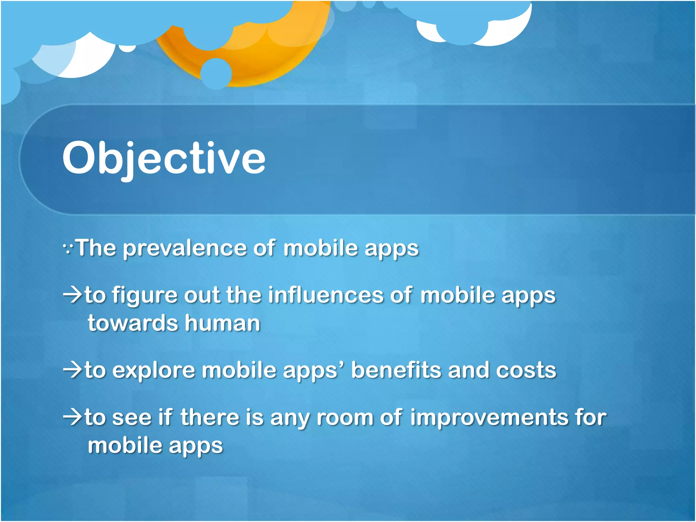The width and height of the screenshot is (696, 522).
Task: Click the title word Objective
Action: click(164, 158)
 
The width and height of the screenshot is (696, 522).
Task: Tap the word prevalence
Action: click(184, 248)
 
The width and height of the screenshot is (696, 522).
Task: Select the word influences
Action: click(326, 295)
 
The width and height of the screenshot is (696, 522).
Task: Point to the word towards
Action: click(133, 323)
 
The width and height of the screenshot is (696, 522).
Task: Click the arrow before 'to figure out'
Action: click(72, 295)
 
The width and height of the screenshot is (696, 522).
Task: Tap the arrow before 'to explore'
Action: click(72, 370)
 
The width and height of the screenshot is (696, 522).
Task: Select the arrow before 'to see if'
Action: click(72, 417)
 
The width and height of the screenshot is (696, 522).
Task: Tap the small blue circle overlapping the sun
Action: click(216, 73)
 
